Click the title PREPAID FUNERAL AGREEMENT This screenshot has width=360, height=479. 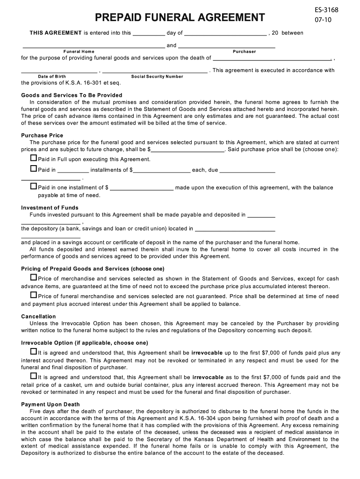[180, 18]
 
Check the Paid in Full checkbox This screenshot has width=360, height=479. [33, 159]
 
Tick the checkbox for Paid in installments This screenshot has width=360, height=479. [33, 169]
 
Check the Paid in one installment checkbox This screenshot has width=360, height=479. [33, 186]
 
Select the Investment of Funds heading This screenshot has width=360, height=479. [50, 208]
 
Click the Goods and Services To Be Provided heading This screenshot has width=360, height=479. [72, 95]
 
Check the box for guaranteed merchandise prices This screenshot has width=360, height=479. [33, 278]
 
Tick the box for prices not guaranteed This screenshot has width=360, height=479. [33, 295]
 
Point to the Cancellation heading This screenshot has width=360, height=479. [38, 317]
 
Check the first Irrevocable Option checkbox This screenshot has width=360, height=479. [33, 351]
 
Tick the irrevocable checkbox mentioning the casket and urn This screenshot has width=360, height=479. [33, 376]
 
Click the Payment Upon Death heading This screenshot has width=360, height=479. [50, 404]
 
